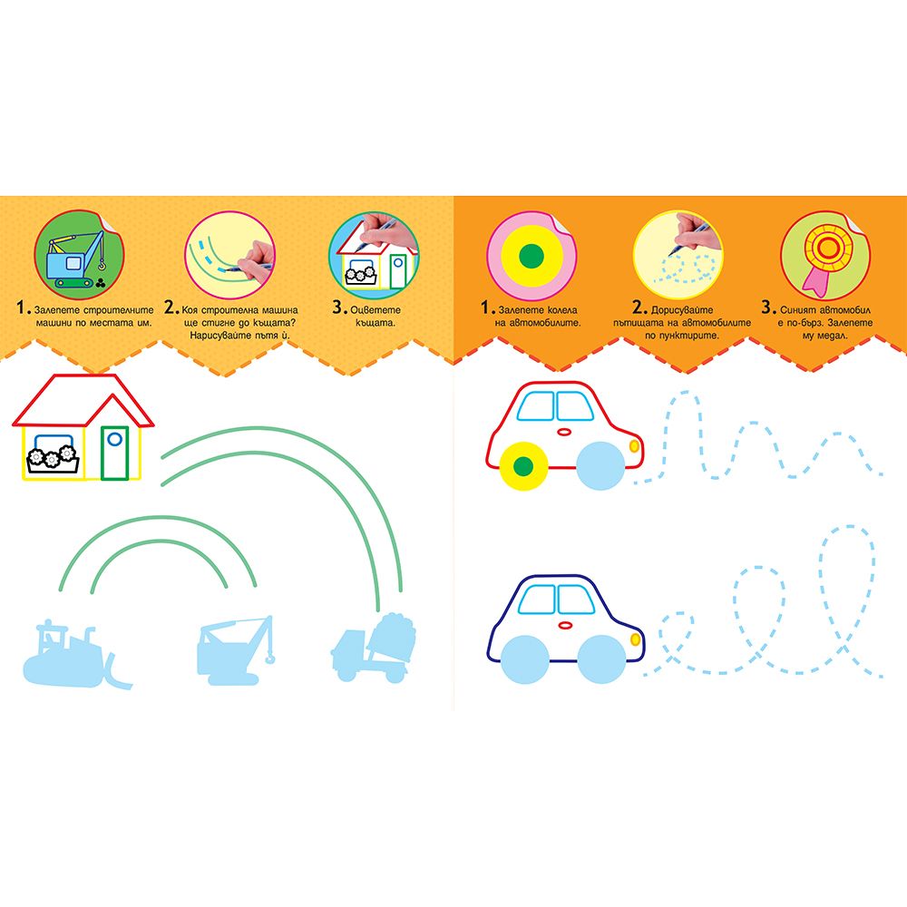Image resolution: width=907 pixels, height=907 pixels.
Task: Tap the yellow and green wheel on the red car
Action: (523, 465)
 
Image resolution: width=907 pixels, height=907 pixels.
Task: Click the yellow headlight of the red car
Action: (634, 446)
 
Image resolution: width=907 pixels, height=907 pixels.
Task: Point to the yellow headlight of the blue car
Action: (635, 639)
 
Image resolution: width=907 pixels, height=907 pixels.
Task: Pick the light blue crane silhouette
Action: (235, 650)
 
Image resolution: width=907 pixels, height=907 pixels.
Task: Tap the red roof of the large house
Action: (83, 400)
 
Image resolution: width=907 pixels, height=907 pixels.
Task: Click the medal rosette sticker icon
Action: (824, 255)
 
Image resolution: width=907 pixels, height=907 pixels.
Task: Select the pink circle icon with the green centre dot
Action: (531, 256)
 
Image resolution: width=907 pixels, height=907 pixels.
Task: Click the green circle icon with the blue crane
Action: (79, 255)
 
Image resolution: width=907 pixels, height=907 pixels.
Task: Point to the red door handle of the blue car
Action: (564, 625)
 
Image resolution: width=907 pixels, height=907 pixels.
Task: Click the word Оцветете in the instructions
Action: (375, 310)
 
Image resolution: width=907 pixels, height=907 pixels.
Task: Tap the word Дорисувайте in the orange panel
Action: (682, 310)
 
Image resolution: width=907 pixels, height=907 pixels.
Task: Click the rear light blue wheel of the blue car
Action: (524, 659)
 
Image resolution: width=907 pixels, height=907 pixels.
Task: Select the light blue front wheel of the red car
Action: (601, 465)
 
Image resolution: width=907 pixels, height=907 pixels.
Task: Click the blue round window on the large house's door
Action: (114, 439)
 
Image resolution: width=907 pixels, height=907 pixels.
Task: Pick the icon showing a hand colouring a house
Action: (374, 255)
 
